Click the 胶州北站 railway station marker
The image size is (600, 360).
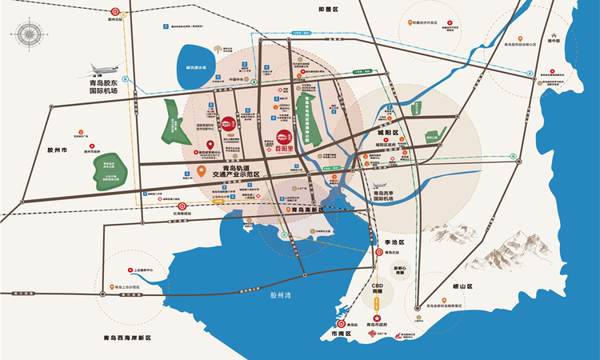tap(117, 14)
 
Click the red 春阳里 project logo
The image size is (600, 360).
tap(284, 139)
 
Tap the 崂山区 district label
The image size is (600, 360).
tap(463, 286)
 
